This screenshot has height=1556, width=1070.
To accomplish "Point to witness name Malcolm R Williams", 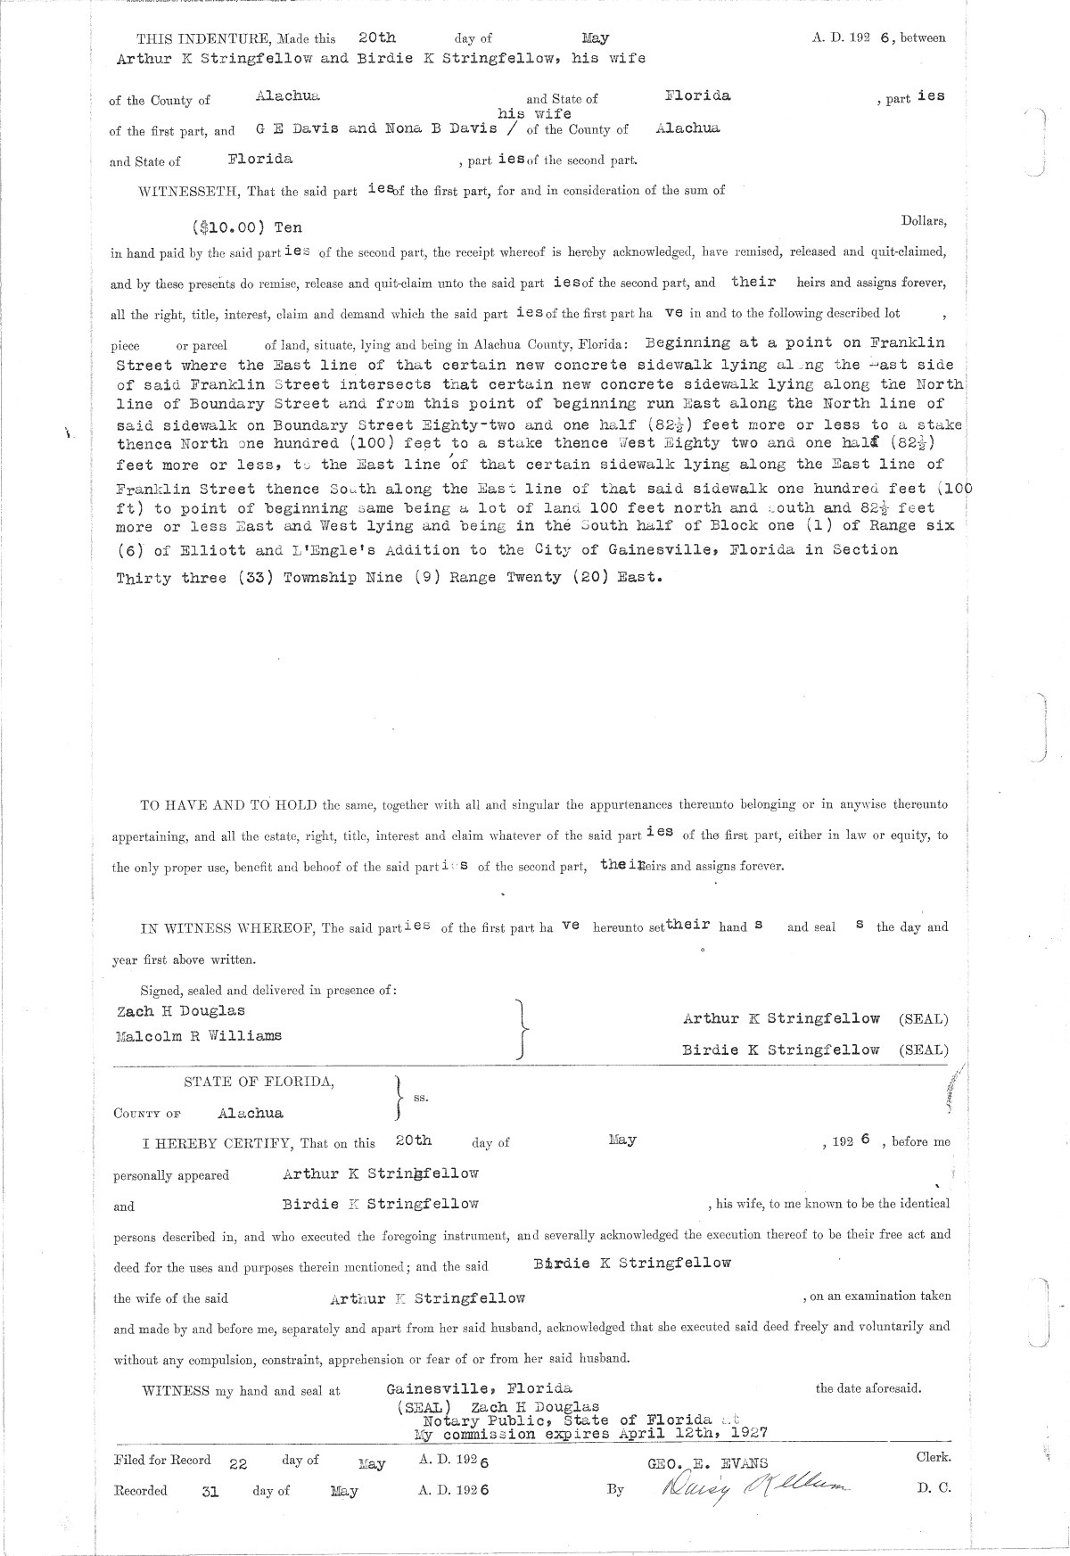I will click(199, 1036).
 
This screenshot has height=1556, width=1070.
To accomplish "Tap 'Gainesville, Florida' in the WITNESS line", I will click(479, 1389).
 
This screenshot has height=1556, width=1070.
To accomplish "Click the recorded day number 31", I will click(210, 1491).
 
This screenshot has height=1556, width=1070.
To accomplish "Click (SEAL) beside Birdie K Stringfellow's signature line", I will click(923, 1050).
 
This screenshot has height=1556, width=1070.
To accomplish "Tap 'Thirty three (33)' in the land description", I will click(189, 578).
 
